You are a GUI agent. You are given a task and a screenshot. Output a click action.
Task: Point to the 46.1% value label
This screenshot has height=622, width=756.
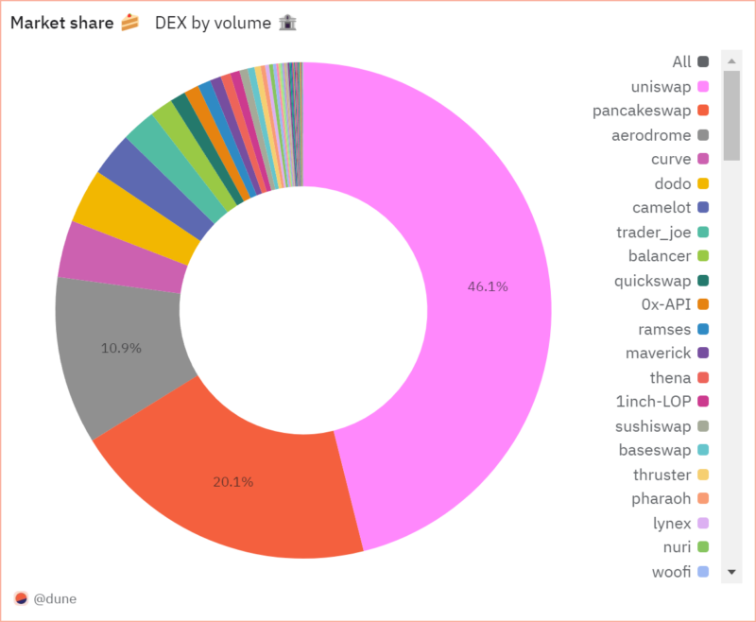(488, 286)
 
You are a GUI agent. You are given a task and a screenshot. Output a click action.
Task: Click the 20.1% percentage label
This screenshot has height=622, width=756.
(232, 481)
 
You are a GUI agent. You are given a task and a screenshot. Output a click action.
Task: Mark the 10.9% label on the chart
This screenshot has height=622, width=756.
(121, 348)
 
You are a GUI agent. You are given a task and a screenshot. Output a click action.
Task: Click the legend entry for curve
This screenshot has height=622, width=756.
(671, 160)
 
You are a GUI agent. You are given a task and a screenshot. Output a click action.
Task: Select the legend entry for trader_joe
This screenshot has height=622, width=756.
(654, 233)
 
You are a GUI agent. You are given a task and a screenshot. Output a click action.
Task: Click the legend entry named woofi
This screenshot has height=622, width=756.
(671, 572)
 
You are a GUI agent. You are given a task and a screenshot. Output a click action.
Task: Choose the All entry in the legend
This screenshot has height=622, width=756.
(682, 62)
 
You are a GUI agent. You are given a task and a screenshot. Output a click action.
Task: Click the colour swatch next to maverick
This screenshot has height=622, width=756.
(703, 354)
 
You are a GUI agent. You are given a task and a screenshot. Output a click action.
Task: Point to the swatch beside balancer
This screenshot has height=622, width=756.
(703, 256)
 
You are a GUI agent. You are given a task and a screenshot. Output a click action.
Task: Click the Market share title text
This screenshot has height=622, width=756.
(62, 23)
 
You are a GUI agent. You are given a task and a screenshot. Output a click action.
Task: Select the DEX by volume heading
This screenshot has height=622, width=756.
(214, 23)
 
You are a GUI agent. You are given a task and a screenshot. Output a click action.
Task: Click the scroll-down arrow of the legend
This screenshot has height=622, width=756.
(730, 573)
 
